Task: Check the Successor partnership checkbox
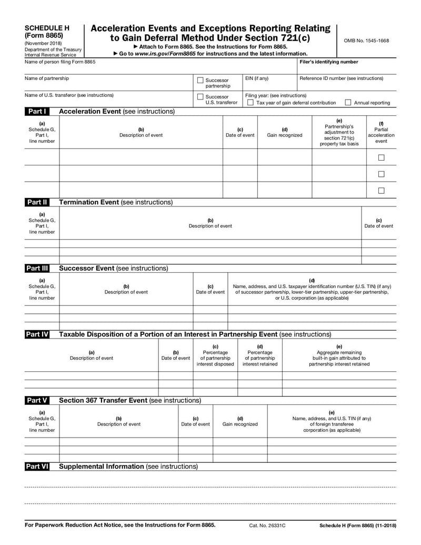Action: (200, 81)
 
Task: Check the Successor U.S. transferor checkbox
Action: (200, 97)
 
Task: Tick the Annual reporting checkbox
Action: (348, 103)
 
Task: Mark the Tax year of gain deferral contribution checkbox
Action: (250, 103)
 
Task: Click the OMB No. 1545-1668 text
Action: (366, 41)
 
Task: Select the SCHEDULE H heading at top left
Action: (47, 28)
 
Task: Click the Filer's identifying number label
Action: (328, 62)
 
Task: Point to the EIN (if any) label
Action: (257, 78)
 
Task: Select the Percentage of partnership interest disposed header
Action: (215, 355)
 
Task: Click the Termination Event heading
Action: (115, 202)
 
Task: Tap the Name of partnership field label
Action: (47, 78)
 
